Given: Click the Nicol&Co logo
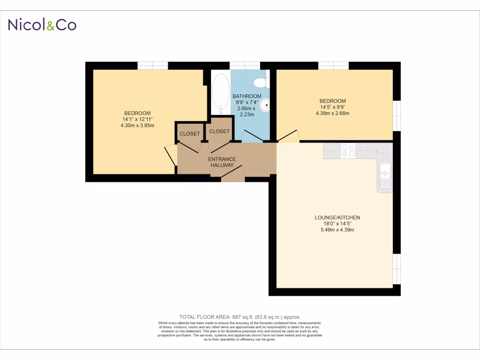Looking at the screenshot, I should (42, 25).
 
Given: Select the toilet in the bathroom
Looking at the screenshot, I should (261, 83).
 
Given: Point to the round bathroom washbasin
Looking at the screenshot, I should (265, 106).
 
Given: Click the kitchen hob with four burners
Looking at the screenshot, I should (348, 150).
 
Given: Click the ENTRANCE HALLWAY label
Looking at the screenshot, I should (222, 162).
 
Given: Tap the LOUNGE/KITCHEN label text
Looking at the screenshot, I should (337, 217).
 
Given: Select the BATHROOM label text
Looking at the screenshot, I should (247, 96).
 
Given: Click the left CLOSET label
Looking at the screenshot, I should (190, 134).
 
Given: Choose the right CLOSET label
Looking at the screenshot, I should (219, 132).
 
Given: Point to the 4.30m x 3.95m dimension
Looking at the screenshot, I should (137, 125).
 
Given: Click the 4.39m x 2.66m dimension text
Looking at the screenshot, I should (332, 113).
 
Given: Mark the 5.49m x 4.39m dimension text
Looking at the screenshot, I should (337, 230).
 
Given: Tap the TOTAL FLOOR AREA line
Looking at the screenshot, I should (240, 317).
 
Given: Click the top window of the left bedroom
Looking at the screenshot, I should (153, 66).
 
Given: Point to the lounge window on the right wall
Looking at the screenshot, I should (397, 269).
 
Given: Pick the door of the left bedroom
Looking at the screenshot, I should (171, 155).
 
